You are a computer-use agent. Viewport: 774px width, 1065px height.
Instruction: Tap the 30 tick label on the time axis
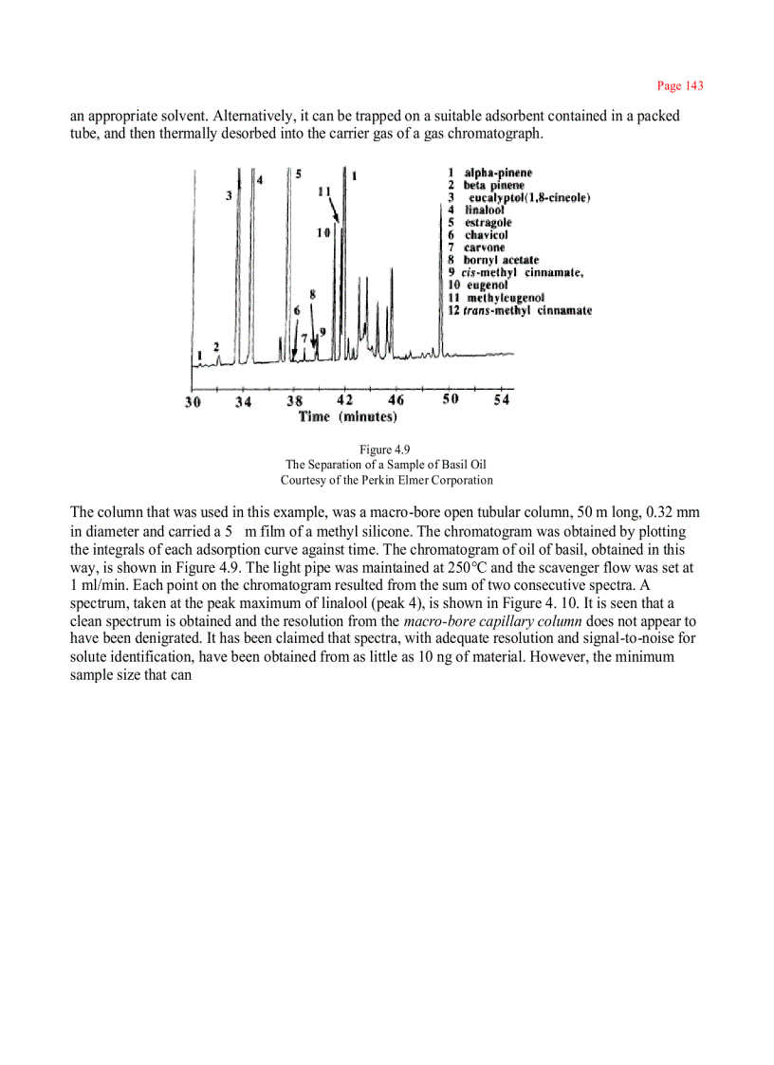[x=193, y=401]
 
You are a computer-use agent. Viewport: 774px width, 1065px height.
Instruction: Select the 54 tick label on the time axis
[x=502, y=400]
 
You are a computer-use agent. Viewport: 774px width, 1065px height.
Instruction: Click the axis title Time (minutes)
[x=347, y=416]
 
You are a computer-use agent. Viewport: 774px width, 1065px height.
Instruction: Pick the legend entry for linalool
[x=483, y=210]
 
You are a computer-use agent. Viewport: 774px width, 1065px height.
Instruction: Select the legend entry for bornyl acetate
[x=493, y=260]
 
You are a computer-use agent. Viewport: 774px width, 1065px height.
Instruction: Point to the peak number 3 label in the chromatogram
[x=229, y=195]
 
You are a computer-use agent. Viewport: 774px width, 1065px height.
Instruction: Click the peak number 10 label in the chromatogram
[x=323, y=232]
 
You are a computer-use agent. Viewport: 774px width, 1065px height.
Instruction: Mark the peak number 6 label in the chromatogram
[x=297, y=310]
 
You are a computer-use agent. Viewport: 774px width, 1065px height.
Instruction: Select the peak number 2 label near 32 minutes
[x=216, y=347]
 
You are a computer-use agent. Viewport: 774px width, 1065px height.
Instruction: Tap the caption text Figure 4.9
[x=384, y=450]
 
